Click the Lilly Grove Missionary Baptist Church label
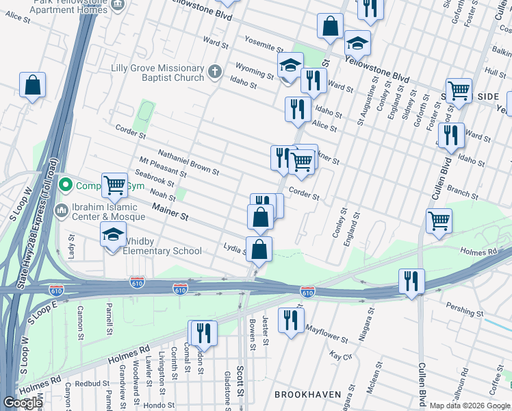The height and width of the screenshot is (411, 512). (157, 73)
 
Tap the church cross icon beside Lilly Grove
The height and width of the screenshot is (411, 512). (215, 72)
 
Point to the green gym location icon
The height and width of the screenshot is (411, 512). (66, 185)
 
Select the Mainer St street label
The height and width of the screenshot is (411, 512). (170, 211)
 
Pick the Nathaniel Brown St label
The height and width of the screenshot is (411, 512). (188, 162)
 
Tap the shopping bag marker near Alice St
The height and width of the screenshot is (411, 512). (32, 86)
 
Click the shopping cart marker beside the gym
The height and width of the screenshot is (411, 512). (114, 185)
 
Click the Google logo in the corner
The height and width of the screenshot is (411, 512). (23, 403)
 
